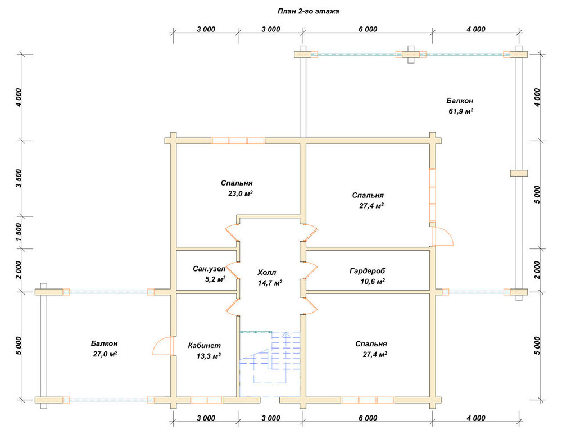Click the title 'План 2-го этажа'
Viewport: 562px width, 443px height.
point(308,11)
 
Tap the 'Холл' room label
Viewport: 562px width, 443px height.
point(267,273)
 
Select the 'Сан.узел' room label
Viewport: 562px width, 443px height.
point(209,269)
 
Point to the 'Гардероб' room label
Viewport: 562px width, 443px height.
point(367,271)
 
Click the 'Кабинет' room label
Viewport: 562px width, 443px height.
point(205,346)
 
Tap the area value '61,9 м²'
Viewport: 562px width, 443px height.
point(461,111)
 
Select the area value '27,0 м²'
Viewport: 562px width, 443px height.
point(105,354)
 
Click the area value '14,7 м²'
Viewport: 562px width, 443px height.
point(270,283)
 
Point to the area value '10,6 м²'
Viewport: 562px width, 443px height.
point(373,281)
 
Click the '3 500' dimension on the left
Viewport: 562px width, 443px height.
point(19,178)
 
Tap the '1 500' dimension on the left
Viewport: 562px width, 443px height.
point(19,232)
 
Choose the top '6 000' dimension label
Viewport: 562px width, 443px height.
point(368,29)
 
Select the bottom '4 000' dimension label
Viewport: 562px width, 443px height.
point(476,418)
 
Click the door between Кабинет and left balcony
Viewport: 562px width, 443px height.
point(164,346)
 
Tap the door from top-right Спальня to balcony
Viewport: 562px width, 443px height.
point(443,236)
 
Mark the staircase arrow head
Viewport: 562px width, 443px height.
point(285,335)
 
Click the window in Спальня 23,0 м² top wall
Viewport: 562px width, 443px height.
point(238,141)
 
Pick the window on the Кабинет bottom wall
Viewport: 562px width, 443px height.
point(206,400)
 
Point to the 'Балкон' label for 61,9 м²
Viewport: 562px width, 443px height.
point(460,101)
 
